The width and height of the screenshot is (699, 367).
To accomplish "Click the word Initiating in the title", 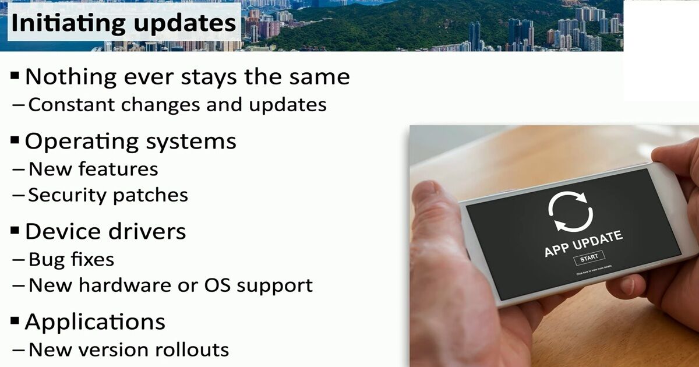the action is click(68, 23).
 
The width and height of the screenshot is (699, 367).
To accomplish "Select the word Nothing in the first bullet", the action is click(71, 76).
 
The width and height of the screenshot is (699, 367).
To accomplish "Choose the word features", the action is click(118, 169).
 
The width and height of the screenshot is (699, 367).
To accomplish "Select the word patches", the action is click(150, 196).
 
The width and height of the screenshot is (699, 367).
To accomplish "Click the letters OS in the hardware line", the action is click(217, 285).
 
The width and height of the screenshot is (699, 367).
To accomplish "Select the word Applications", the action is click(95, 322).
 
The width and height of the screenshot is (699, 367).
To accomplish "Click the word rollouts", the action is click(192, 350).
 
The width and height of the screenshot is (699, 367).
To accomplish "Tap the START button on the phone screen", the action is click(589, 258).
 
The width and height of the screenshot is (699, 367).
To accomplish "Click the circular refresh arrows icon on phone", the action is click(571, 211).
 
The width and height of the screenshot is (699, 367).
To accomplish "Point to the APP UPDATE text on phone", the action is click(584, 244).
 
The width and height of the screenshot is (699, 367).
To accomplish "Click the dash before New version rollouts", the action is click(19, 350).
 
